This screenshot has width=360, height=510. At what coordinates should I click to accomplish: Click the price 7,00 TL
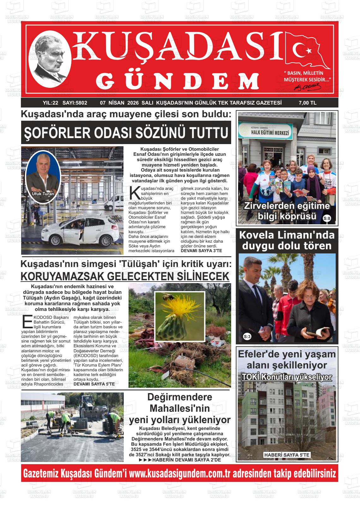(307, 103)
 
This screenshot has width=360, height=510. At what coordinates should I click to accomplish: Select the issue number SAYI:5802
(75, 103)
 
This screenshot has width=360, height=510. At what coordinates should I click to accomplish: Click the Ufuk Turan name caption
(43, 194)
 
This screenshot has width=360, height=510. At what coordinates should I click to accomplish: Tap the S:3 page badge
(247, 337)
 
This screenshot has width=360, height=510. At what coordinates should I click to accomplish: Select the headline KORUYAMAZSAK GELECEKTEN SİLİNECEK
(125, 276)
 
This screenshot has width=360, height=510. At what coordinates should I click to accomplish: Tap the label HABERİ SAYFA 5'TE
(287, 455)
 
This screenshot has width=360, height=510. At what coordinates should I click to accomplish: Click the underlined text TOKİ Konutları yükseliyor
(287, 377)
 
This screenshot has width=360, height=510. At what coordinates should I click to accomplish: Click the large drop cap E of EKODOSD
(27, 321)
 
